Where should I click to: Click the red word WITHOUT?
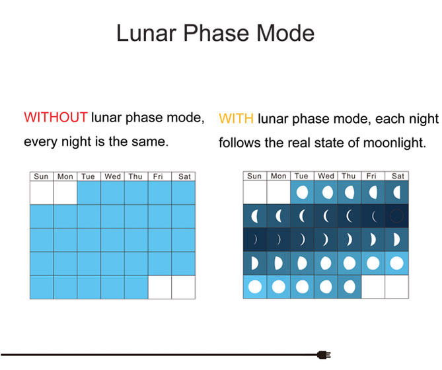tap(55, 117)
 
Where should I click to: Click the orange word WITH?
tap(237, 119)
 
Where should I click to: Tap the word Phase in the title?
tap(215, 33)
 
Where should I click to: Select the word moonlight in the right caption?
tap(394, 143)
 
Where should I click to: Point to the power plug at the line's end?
tap(324, 355)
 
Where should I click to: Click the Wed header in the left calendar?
tap(112, 176)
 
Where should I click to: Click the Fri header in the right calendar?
tap(371, 176)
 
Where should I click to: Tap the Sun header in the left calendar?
tap(41, 176)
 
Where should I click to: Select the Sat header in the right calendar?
tap(398, 176)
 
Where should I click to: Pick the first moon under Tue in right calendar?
tap(302, 192)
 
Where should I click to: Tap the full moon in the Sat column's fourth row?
tap(396, 263)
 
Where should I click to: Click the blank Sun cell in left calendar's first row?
tap(42, 193)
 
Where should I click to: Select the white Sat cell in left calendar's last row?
tap(184, 287)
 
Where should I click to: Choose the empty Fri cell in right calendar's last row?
tap(373, 287)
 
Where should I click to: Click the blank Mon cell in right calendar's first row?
tap(279, 192)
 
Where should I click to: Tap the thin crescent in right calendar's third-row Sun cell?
tap(256, 240)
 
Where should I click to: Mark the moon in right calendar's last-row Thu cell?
tap(350, 287)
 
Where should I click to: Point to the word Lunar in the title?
tap(147, 33)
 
